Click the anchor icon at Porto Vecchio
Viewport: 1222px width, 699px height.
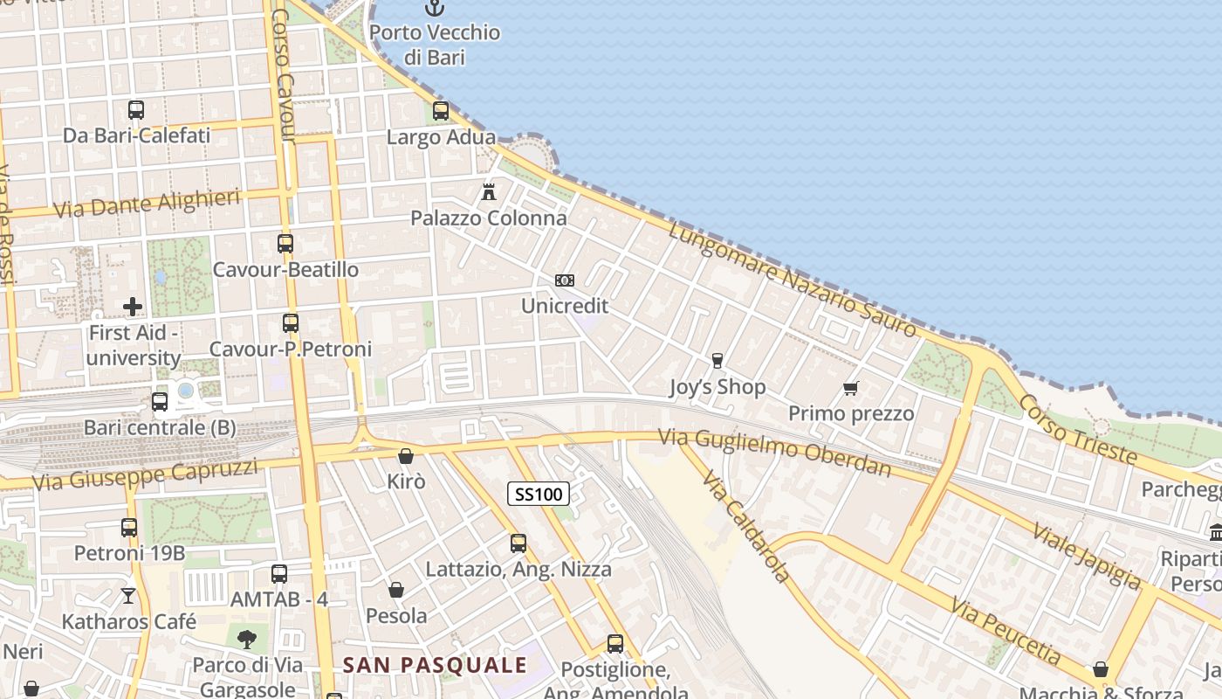[434, 9]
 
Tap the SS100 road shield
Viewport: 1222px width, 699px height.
[539, 495]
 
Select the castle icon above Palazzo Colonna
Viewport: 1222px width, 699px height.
[489, 191]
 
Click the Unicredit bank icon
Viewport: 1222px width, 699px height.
[565, 280]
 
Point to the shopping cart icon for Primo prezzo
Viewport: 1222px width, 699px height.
[850, 388]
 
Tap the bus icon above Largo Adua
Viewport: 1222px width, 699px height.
[441, 111]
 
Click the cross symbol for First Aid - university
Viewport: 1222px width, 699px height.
[133, 307]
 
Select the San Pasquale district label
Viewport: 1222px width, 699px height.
[435, 665]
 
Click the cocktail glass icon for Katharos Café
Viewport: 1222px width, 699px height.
[128, 596]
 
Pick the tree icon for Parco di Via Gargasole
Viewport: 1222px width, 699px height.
[248, 639]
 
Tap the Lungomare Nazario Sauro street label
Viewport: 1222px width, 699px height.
[793, 280]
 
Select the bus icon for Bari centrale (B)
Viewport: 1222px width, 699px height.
[159, 402]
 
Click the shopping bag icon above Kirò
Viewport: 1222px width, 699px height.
[405, 456]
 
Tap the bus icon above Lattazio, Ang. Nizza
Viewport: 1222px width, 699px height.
[518, 543]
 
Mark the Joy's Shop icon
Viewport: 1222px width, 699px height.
[717, 361]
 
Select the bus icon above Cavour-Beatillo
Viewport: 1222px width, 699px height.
[285, 244]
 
